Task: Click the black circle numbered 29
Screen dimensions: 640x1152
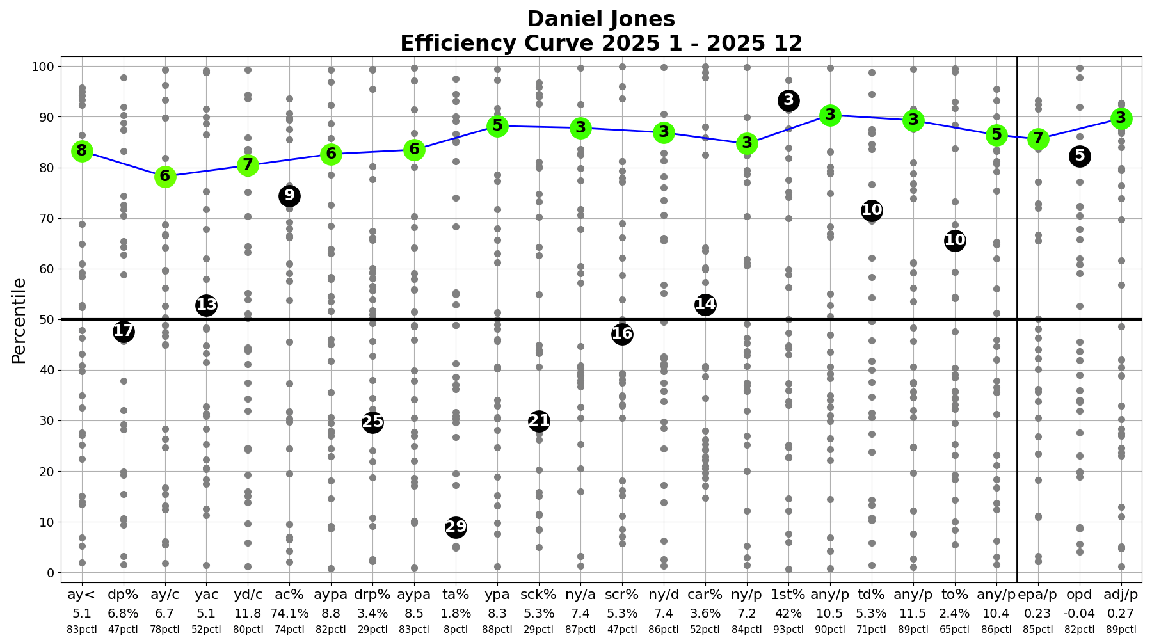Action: point(456,527)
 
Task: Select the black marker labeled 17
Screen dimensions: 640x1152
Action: point(124,332)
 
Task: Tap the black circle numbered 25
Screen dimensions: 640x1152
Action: point(372,422)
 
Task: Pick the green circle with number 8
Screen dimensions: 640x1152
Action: point(82,152)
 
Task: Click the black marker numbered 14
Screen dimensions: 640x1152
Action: point(705,305)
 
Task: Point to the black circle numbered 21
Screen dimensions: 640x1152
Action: point(539,421)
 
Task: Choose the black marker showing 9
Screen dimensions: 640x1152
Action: point(289,196)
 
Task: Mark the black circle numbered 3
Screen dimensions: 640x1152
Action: point(788,100)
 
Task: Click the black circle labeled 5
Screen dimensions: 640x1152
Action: point(1080,156)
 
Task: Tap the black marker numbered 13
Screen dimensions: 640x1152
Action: point(206,305)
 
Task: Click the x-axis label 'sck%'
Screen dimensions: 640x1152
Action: point(539,595)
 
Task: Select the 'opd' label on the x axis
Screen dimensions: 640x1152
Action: point(1080,595)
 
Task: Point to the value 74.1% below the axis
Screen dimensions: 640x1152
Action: point(289,614)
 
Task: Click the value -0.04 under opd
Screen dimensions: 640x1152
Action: point(1080,614)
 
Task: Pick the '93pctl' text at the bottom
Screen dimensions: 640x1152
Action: point(788,630)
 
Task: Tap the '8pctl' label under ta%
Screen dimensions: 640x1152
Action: point(456,630)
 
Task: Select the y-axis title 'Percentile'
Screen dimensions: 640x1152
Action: point(19,320)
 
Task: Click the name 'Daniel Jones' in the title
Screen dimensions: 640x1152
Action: point(601,19)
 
